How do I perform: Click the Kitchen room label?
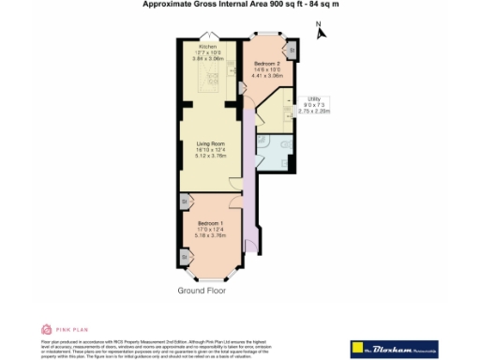tap(207, 46)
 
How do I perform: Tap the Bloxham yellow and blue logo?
tap(395, 348)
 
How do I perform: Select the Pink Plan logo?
tap(57, 329)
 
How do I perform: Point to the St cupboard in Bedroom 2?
tap(292, 49)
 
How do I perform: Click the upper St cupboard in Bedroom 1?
tap(185, 202)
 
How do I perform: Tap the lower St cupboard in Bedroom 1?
tap(185, 254)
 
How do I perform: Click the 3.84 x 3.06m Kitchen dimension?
tap(207, 58)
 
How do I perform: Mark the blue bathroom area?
tap(277, 153)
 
